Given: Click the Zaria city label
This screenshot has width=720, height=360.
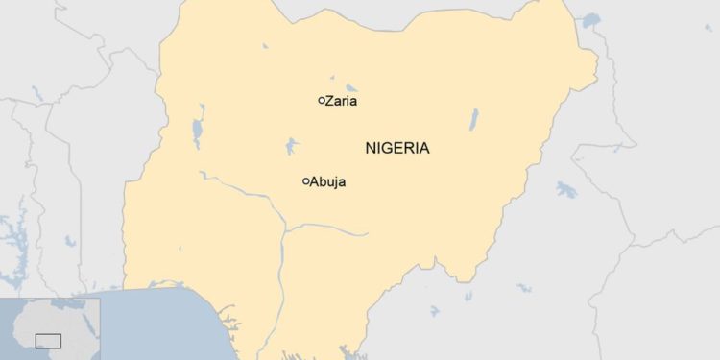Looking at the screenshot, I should pyautogui.click(x=343, y=101).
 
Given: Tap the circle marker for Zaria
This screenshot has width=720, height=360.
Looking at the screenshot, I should pyautogui.click(x=321, y=100).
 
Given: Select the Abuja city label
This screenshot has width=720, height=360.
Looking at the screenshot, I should pyautogui.click(x=327, y=181).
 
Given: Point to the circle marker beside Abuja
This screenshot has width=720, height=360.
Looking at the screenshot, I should pyautogui.click(x=305, y=181).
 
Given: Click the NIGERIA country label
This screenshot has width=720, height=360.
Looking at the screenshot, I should pyautogui.click(x=397, y=148).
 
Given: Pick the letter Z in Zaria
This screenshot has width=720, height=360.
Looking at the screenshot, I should pyautogui.click(x=329, y=101).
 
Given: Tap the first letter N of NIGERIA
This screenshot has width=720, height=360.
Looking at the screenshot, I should pyautogui.click(x=371, y=148).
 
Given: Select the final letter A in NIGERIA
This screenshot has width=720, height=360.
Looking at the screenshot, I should pyautogui.click(x=424, y=148).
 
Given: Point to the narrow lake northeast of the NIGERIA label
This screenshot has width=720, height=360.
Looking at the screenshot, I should pyautogui.click(x=473, y=120).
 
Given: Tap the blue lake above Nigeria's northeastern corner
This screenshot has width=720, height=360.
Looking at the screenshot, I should pyautogui.click(x=590, y=19).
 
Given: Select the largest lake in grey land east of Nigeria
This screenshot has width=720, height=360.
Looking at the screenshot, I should pyautogui.click(x=566, y=188).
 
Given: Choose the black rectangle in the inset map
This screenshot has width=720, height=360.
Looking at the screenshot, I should pyautogui.click(x=48, y=340).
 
